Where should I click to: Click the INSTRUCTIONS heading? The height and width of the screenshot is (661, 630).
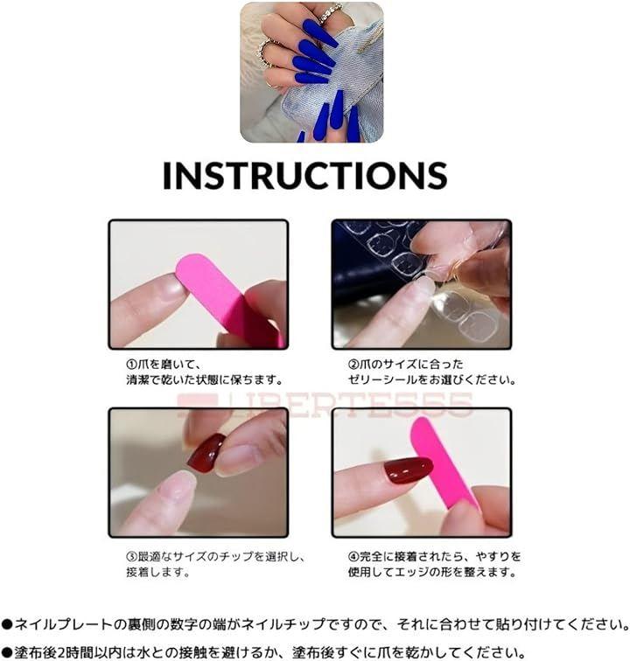[x=304, y=176]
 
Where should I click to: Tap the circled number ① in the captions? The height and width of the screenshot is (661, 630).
[x=131, y=365]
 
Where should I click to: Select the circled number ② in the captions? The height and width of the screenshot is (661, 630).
[x=353, y=365]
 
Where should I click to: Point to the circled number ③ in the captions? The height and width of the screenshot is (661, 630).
[x=131, y=556]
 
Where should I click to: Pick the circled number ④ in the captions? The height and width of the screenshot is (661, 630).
[x=353, y=556]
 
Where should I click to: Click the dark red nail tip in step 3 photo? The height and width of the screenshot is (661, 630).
[x=206, y=454]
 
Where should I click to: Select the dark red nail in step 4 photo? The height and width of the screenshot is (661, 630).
[x=408, y=470]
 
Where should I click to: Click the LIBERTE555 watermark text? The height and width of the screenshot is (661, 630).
[x=325, y=405]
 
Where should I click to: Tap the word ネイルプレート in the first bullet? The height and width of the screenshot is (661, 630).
[x=64, y=624]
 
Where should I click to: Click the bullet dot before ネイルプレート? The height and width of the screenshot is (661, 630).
[x=6, y=624]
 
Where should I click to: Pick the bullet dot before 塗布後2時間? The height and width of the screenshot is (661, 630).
[x=6, y=652]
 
